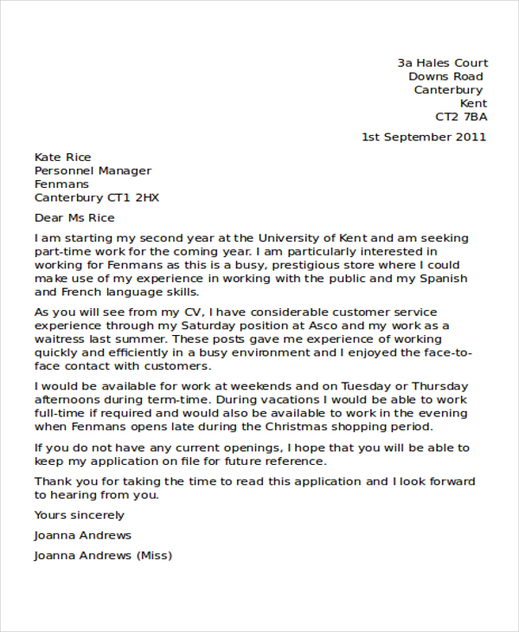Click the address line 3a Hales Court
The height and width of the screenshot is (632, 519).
tap(442, 63)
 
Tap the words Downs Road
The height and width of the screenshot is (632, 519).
tap(446, 77)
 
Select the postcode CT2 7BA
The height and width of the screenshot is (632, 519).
tap(461, 117)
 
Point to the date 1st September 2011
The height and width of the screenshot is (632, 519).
tap(424, 137)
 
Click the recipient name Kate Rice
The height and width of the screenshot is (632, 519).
tap(62, 158)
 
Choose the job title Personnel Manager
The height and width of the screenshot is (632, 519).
tap(93, 171)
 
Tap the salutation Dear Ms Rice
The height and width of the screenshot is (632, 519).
tap(74, 218)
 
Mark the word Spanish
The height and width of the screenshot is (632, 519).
tap(442, 279)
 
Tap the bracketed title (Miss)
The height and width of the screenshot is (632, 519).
tap(155, 556)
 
